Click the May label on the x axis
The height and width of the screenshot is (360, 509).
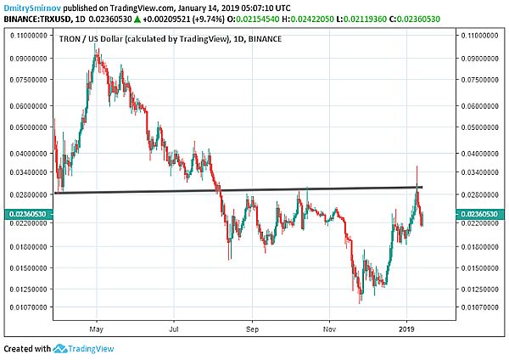[97, 329]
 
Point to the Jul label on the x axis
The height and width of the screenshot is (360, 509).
[174, 329]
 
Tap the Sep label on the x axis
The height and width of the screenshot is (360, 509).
[252, 329]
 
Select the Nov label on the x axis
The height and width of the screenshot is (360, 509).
[329, 329]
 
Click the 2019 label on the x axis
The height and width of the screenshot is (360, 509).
[406, 329]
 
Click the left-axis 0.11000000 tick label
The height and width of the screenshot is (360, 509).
[29, 35]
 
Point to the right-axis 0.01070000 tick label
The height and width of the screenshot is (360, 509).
[480, 307]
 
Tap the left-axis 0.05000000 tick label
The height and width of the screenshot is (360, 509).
[29, 127]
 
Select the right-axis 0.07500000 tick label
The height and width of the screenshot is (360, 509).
[480, 80]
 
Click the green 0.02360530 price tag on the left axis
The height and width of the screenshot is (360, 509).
[29, 214]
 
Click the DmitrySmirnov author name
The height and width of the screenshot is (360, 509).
[32, 8]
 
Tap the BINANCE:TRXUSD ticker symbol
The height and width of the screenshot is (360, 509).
[37, 20]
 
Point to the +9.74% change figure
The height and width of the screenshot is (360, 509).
[209, 20]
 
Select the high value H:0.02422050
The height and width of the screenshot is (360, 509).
[308, 20]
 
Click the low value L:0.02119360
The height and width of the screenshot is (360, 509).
[361, 20]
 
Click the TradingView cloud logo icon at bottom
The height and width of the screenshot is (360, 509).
[59, 349]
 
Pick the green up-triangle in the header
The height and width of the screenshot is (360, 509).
[137, 20]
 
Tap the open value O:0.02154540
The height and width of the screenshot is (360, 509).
[253, 20]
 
